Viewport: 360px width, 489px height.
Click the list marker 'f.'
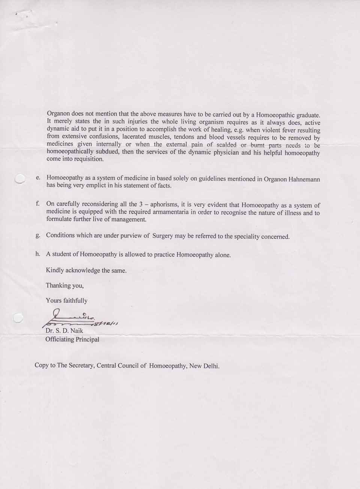pyautogui.click(x=37, y=204)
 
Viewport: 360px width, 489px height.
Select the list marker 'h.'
pyautogui.click(x=37, y=254)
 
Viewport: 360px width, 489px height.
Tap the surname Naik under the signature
pyautogui.click(x=76, y=331)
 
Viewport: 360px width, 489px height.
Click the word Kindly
pyautogui.click(x=55, y=270)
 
